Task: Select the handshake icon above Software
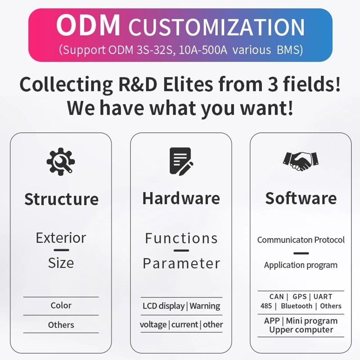pyautogui.click(x=301, y=160)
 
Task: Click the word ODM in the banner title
pyautogui.click(x=89, y=26)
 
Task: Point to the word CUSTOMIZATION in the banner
pyautogui.click(x=217, y=27)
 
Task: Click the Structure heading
pyautogui.click(x=61, y=199)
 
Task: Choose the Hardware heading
pyautogui.click(x=181, y=198)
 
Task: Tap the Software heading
pyautogui.click(x=301, y=198)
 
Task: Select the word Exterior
pyautogui.click(x=61, y=238)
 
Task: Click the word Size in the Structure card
pyautogui.click(x=61, y=262)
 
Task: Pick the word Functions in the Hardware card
pyautogui.click(x=181, y=238)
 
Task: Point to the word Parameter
pyautogui.click(x=181, y=263)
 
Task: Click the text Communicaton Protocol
pyautogui.click(x=301, y=240)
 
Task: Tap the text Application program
pyautogui.click(x=301, y=265)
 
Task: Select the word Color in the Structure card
pyautogui.click(x=61, y=305)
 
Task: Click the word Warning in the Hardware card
pyautogui.click(x=205, y=306)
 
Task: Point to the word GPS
pyautogui.click(x=299, y=297)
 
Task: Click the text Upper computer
pyautogui.click(x=301, y=330)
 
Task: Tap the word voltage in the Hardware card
pyautogui.click(x=153, y=324)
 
